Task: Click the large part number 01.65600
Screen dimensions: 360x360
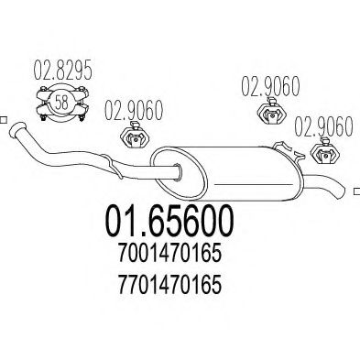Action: click(169, 222)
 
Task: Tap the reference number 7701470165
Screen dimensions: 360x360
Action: click(169, 285)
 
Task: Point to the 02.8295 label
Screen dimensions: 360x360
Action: click(62, 70)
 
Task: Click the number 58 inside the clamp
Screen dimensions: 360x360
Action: click(62, 103)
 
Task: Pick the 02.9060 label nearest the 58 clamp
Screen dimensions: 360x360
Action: click(134, 110)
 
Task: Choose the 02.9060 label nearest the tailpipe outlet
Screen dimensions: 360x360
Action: click(324, 126)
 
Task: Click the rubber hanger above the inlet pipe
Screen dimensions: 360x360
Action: click(135, 136)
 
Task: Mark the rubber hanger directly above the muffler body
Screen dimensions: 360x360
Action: click(271, 113)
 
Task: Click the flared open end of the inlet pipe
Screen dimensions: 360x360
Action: click(17, 129)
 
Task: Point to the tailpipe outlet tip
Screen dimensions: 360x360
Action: click(343, 191)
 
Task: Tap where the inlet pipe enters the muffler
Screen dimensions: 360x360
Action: click(178, 172)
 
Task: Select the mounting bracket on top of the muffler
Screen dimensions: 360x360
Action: click(289, 151)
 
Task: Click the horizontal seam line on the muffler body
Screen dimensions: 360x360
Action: click(254, 185)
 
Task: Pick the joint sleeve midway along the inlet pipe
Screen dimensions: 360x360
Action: click(113, 166)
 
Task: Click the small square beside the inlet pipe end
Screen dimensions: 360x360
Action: click(3, 120)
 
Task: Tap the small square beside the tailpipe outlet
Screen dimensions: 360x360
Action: click(357, 191)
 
